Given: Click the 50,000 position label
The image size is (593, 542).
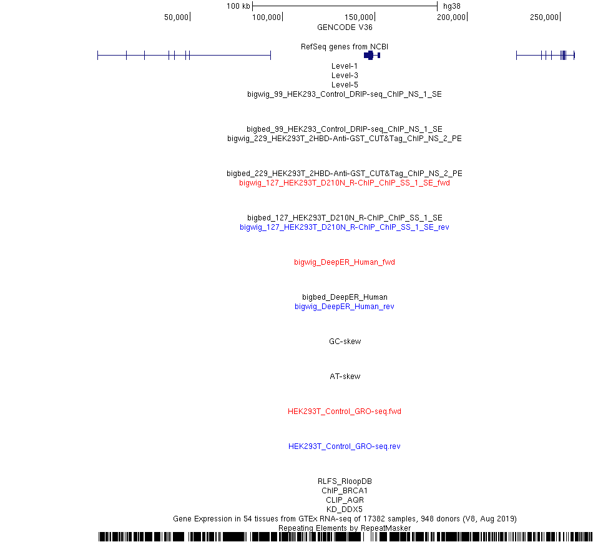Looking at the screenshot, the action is click(176, 17).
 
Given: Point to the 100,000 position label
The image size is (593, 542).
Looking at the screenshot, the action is click(267, 17).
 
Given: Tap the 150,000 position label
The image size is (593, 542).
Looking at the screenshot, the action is click(359, 17).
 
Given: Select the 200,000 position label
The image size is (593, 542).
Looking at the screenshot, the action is click(451, 17).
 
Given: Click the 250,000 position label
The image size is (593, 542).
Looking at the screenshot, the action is click(544, 17).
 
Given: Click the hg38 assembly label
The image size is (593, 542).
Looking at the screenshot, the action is click(452, 6).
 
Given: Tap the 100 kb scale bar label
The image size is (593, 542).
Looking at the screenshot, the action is click(238, 6).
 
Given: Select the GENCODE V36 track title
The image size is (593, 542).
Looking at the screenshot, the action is click(345, 27).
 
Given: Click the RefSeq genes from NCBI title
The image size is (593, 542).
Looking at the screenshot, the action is click(345, 47).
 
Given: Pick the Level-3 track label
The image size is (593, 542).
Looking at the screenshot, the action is click(345, 76).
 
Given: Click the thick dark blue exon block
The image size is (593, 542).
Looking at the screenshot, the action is click(369, 56).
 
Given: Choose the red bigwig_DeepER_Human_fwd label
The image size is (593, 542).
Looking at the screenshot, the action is click(345, 262).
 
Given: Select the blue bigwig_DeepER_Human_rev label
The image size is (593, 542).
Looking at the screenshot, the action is click(345, 307).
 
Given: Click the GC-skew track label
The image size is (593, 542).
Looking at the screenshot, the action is click(345, 341).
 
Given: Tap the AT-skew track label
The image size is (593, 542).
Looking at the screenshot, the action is click(345, 377).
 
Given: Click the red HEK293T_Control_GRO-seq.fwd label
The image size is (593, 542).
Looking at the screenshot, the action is click(345, 411).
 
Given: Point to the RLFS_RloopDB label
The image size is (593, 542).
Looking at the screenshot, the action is click(345, 481).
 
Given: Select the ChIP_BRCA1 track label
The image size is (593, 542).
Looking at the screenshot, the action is click(345, 491).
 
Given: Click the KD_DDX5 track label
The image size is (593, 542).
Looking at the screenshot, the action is click(345, 509).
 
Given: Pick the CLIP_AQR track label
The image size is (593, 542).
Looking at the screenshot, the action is click(345, 500).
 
